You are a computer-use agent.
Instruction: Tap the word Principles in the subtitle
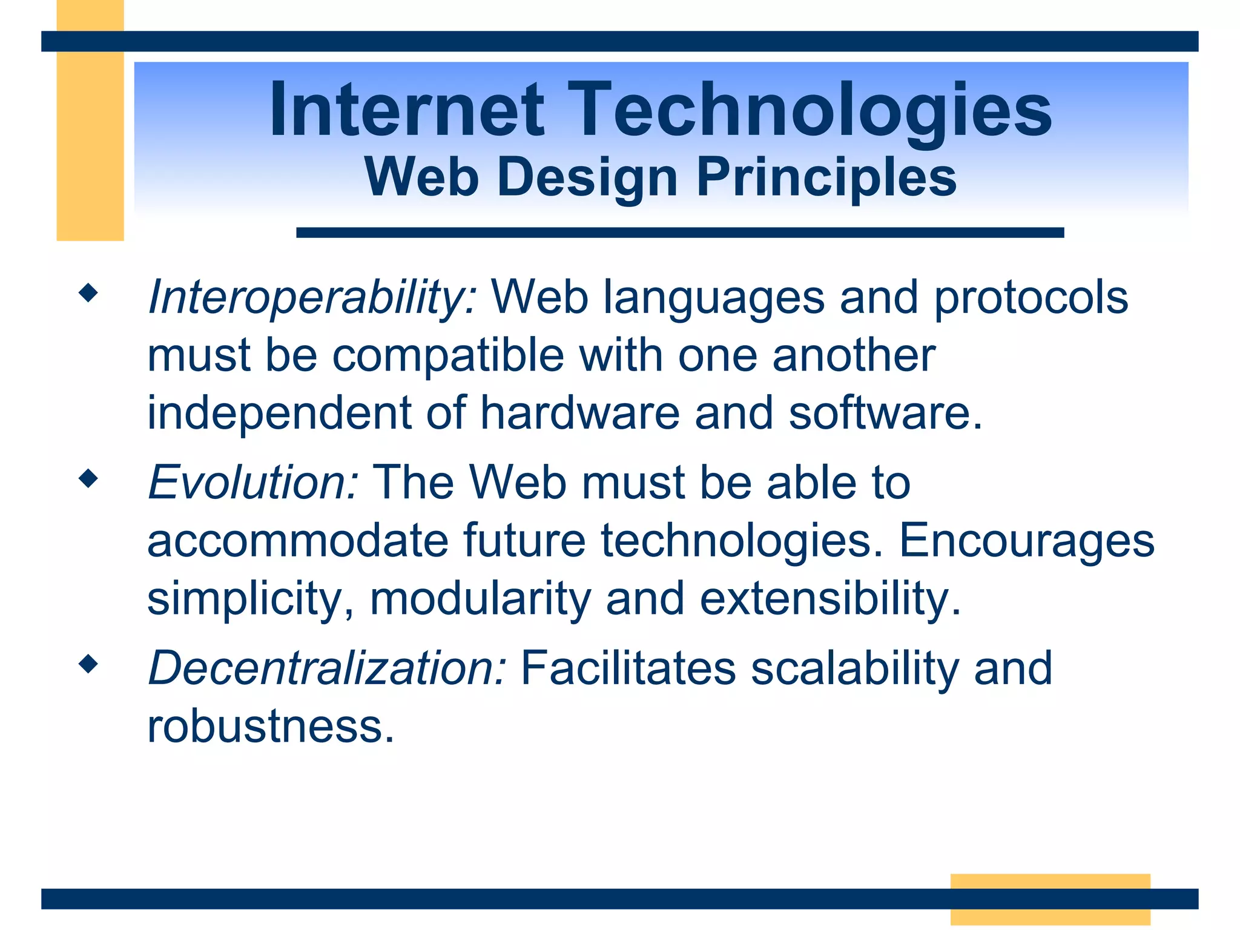tap(826, 177)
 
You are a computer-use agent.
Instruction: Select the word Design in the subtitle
tap(587, 177)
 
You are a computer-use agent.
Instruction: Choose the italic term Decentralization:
tap(327, 668)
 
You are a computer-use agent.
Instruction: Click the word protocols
tap(1031, 298)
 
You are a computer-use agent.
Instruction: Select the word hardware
tap(580, 413)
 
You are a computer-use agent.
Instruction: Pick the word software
tap(885, 413)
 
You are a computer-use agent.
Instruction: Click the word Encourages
tap(1026, 541)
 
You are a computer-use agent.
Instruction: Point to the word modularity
tap(480, 599)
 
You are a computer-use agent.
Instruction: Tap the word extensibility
tap(830, 599)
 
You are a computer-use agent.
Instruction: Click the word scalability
tap(854, 668)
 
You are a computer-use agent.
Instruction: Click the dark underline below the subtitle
tap(679, 232)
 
